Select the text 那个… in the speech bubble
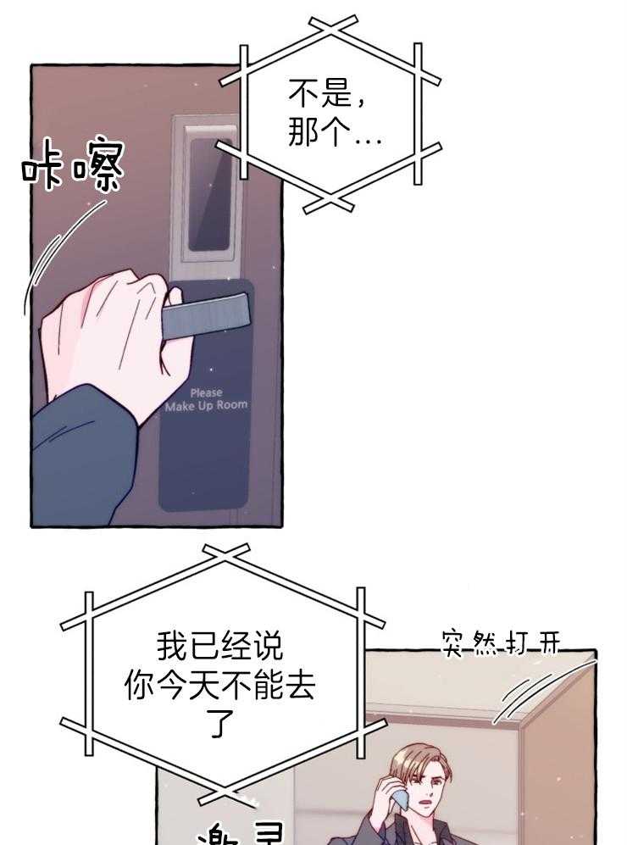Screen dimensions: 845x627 tap(334, 134)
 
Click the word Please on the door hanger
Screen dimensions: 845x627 tap(206, 392)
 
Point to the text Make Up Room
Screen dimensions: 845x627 tap(206, 406)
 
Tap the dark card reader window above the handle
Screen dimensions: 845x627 tap(209, 193)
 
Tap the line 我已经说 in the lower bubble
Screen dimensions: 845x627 tap(219, 648)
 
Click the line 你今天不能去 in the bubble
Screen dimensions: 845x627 tap(219, 686)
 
